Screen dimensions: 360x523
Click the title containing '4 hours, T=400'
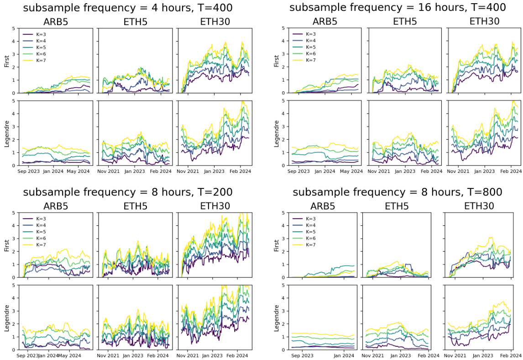point(127,7)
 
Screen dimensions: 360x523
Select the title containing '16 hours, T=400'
point(397,7)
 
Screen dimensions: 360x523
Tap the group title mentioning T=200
point(127,192)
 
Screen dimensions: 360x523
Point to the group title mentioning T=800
point(397,192)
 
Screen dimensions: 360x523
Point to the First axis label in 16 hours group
point(276,61)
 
